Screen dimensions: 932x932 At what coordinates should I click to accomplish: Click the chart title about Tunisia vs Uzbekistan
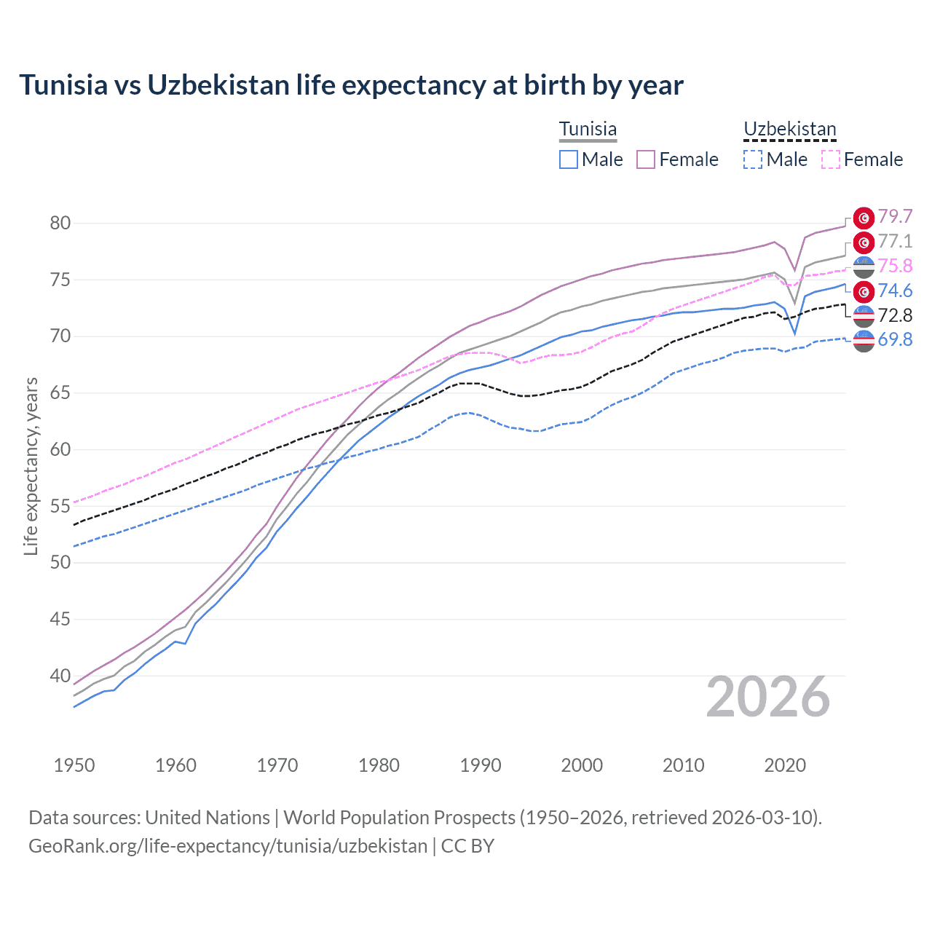(351, 85)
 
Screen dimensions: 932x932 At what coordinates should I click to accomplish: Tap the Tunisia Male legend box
(569, 159)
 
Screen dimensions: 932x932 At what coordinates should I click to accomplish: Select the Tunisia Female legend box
(646, 159)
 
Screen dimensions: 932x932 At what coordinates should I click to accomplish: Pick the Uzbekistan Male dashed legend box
(753, 159)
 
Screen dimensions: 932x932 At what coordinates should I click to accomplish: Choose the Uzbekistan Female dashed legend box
(831, 159)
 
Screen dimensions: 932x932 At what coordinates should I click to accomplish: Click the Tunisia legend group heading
(588, 129)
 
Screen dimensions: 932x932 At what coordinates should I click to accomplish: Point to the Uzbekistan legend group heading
(789, 129)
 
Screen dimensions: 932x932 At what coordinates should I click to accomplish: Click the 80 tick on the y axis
(60, 223)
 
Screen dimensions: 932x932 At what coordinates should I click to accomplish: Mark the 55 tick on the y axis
(60, 506)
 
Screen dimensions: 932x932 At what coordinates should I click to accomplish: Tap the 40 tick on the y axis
(60, 676)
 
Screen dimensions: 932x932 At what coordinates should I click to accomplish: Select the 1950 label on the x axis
(74, 765)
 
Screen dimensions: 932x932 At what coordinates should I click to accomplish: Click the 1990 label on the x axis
(481, 765)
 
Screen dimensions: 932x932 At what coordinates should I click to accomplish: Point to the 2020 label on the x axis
(785, 765)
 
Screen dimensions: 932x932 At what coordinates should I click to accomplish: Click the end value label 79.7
(895, 216)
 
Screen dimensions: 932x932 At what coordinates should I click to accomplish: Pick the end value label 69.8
(895, 339)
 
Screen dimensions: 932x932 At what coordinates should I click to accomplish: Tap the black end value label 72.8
(895, 315)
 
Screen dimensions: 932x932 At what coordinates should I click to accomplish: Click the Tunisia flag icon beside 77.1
(864, 242)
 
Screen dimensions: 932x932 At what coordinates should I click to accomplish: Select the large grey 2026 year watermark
(768, 698)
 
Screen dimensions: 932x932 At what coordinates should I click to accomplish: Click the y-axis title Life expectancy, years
(31, 466)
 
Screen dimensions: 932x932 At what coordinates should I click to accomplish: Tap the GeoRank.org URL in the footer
(228, 846)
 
